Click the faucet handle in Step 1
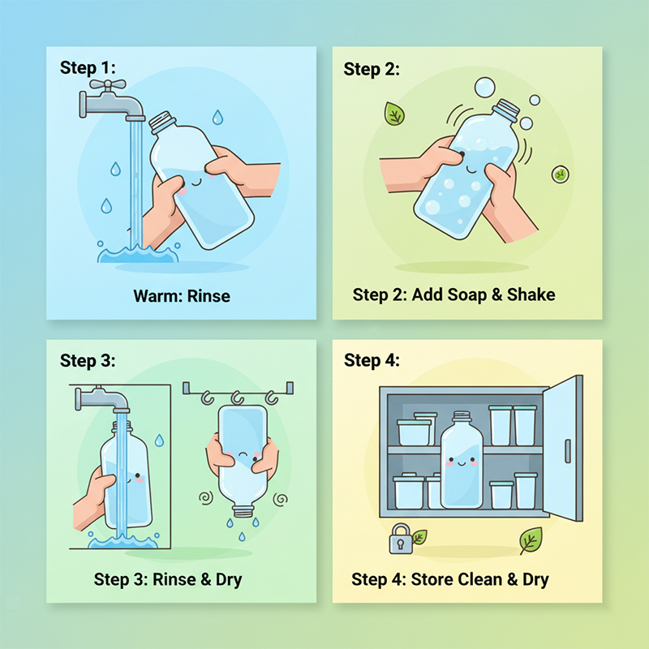(x=108, y=85)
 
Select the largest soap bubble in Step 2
(x=484, y=88)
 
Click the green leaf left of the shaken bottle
(x=394, y=114)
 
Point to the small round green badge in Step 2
(x=561, y=174)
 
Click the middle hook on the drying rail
(x=237, y=398)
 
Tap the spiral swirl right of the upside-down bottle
(x=280, y=499)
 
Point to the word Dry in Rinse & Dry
(x=229, y=580)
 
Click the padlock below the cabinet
(x=401, y=539)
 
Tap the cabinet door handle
(x=568, y=451)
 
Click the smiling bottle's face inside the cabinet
(x=462, y=462)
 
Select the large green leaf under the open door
(x=531, y=539)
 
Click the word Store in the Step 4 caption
(x=432, y=579)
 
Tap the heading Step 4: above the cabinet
(x=372, y=360)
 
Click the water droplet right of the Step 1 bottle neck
(x=217, y=118)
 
